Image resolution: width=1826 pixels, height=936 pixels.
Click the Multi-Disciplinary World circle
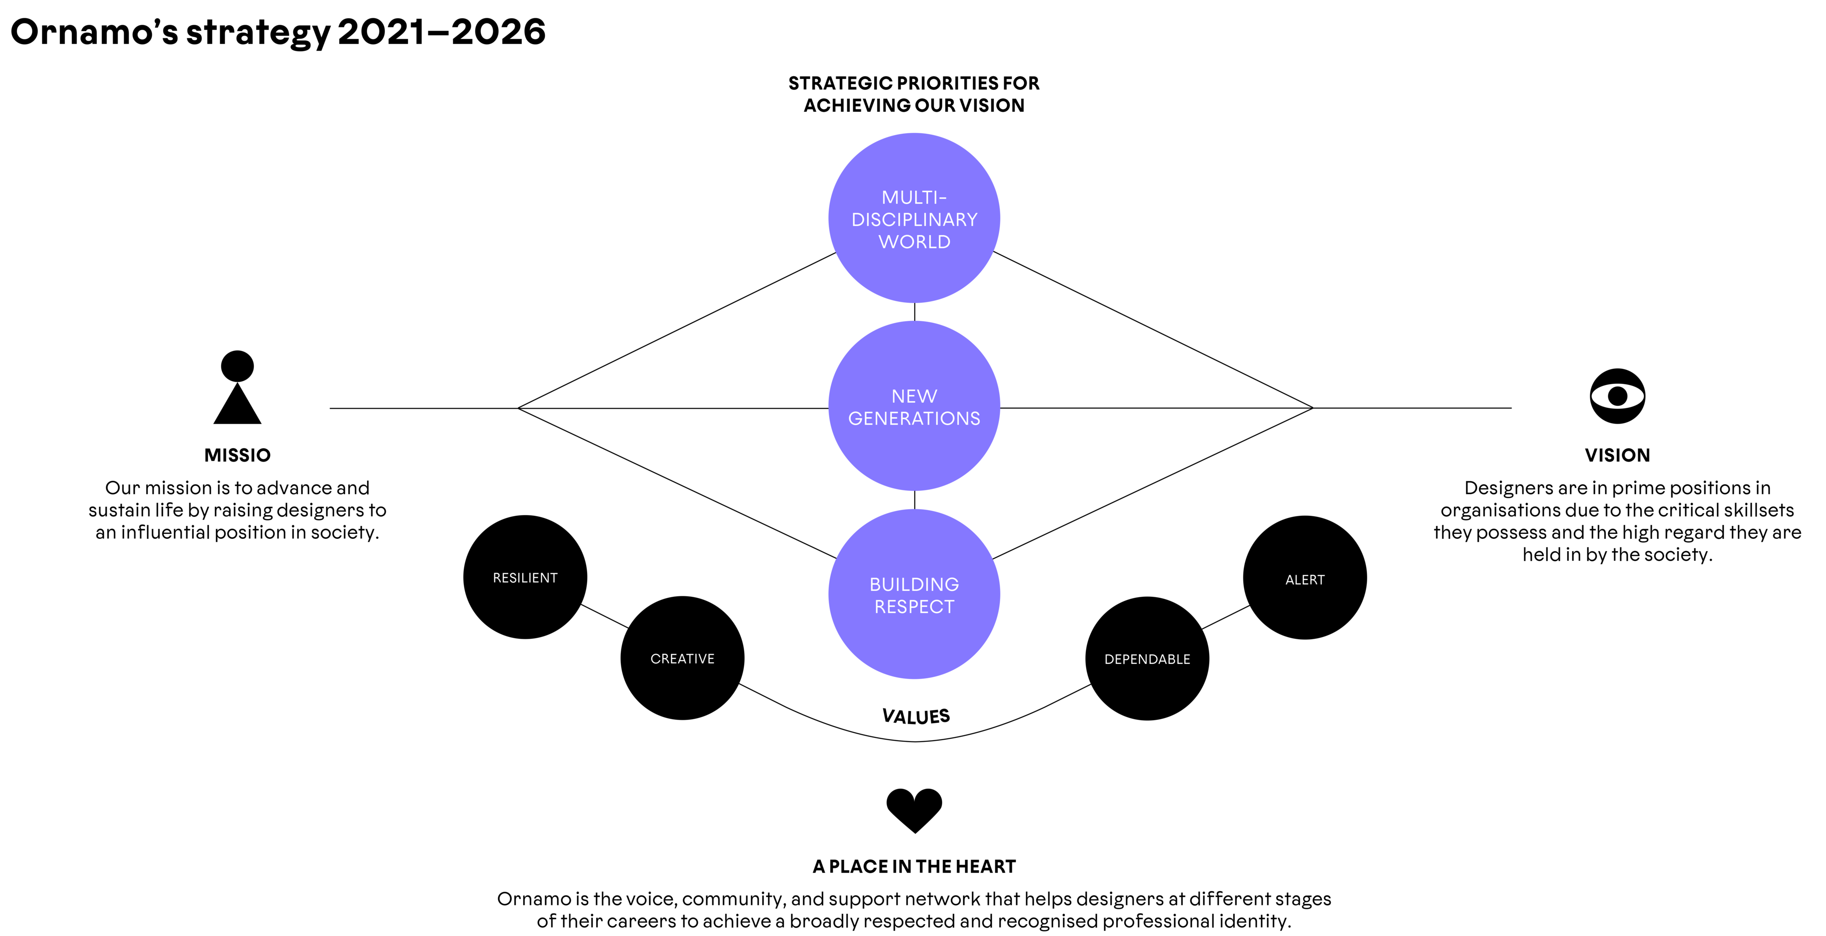point(914,218)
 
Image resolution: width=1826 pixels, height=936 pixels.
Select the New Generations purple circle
point(914,406)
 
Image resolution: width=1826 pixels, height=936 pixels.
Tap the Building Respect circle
point(914,594)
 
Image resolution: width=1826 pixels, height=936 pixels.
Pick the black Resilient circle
point(525,577)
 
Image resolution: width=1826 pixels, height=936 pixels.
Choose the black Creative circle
point(682,658)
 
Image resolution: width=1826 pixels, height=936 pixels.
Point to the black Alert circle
point(1305,578)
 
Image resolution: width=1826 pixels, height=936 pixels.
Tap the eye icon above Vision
point(1617,396)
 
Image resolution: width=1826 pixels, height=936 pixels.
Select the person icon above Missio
point(237,387)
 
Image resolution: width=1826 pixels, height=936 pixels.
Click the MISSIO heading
point(237,455)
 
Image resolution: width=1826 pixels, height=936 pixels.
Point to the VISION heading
point(1617,455)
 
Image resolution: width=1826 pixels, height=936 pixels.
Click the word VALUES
point(916,716)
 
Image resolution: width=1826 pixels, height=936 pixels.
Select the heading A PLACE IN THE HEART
point(914,867)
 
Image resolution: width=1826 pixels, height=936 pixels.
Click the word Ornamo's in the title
point(94,32)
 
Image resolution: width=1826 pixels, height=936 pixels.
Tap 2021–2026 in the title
point(441,32)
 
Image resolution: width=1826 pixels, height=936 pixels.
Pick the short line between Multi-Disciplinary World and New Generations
point(914,312)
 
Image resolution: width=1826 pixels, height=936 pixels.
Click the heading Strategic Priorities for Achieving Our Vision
point(914,95)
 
